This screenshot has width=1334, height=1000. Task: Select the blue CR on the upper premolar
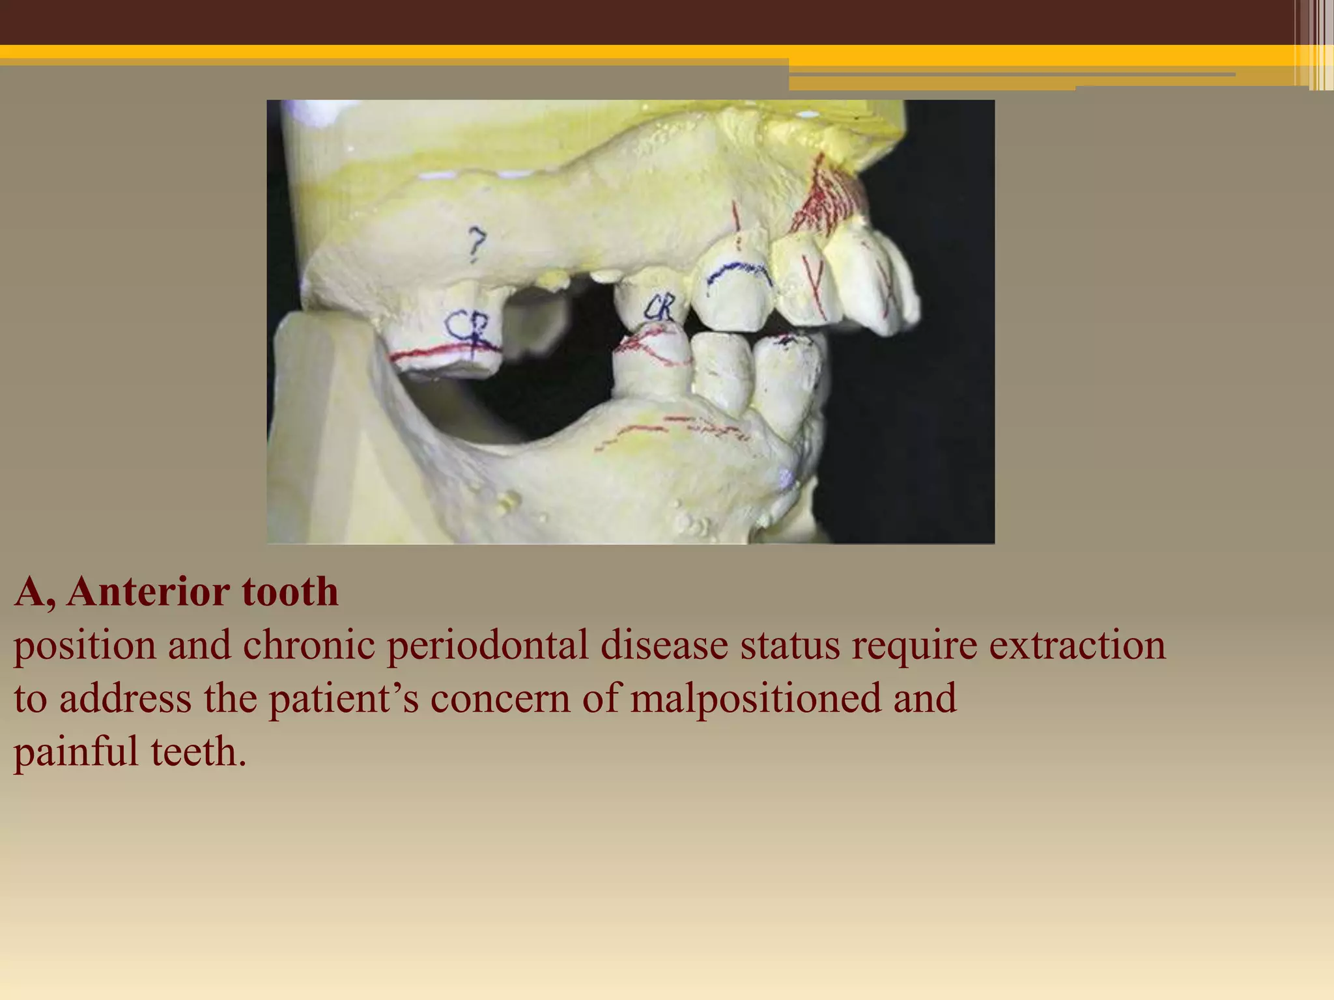660,307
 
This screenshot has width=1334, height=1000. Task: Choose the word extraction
1077,645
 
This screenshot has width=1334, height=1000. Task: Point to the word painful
76,751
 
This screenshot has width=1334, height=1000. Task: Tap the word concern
500,698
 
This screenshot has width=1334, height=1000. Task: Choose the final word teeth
198,751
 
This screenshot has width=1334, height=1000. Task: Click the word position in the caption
85,645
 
